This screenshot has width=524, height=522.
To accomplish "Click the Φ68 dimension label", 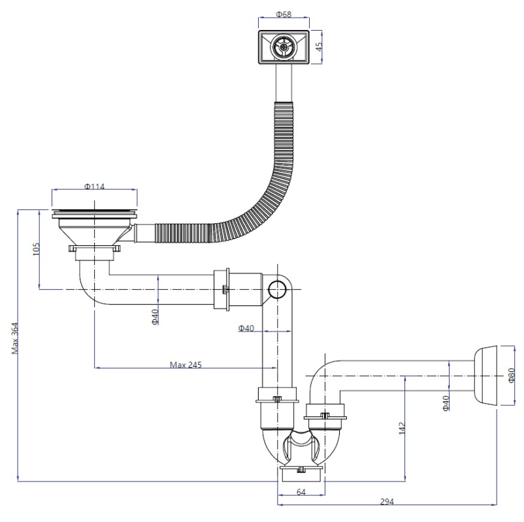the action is [x=284, y=14].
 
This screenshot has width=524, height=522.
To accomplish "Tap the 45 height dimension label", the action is [x=319, y=46].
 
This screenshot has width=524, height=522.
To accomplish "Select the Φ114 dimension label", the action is [x=94, y=186].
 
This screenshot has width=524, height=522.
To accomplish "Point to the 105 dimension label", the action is [x=36, y=249].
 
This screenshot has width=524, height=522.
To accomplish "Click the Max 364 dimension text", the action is [x=15, y=338].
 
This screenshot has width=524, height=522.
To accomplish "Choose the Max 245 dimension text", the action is [x=186, y=365].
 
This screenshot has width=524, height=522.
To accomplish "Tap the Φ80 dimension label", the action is [x=512, y=375].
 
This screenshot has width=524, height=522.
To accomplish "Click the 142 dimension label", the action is [x=402, y=428].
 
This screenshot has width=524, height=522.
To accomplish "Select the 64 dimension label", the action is [x=301, y=491].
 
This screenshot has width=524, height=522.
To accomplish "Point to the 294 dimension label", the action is [x=387, y=501].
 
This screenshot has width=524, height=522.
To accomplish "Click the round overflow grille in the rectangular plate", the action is [x=284, y=47].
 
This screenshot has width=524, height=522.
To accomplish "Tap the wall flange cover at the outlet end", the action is [x=485, y=376].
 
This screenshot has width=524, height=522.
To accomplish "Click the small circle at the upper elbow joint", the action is [x=278, y=289].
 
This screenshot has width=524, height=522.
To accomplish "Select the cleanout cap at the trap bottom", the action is [x=301, y=474].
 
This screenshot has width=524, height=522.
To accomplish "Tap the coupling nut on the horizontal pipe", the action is [x=222, y=289].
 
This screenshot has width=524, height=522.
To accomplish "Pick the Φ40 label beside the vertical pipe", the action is [x=246, y=328].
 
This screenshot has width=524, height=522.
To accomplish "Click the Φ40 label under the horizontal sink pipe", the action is [x=155, y=317].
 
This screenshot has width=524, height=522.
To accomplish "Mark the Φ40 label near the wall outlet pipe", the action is [x=446, y=403].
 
